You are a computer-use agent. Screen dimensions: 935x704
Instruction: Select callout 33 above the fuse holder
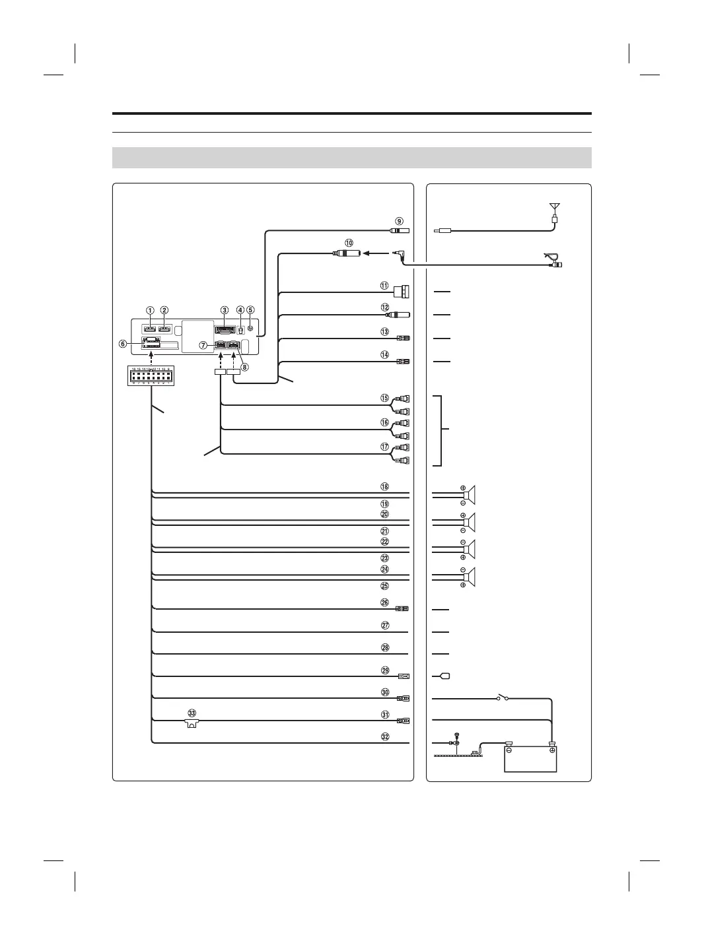coord(192,713)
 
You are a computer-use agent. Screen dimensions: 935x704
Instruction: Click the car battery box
coord(530,758)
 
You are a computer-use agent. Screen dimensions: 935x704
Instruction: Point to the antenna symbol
coord(555,207)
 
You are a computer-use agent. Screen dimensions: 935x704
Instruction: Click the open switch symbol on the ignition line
coord(502,697)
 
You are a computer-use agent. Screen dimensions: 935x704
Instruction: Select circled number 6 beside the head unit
coord(123,344)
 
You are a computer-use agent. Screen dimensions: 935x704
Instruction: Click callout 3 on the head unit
coord(225,310)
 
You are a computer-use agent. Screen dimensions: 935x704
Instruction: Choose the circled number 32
coord(385,736)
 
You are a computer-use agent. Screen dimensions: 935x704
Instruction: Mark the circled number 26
coord(385,602)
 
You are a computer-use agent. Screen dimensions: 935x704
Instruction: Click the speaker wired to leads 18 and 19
coord(470,495)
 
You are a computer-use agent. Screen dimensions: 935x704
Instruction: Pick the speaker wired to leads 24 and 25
coord(470,577)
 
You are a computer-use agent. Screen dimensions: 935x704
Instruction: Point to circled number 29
coord(385,670)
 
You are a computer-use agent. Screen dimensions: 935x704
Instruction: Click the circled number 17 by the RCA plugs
coord(384,447)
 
